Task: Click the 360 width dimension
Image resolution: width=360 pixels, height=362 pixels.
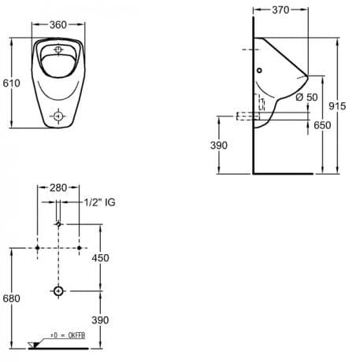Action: (x=58, y=25)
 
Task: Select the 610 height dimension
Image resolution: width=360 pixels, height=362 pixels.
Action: (x=11, y=83)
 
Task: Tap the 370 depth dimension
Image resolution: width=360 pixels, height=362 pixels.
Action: (x=280, y=10)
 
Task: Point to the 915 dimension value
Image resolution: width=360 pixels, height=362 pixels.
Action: (x=337, y=106)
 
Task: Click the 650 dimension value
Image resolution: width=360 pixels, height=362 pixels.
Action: (x=322, y=125)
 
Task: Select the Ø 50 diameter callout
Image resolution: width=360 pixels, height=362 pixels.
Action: (x=306, y=98)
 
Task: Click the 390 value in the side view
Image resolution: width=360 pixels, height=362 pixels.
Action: (x=219, y=146)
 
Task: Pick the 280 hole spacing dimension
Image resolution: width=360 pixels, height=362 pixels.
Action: (x=58, y=188)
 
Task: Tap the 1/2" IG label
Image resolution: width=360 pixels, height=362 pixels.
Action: (x=99, y=202)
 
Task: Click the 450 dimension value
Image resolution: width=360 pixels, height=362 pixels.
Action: (x=100, y=258)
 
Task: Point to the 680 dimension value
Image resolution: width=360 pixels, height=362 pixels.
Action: (x=11, y=298)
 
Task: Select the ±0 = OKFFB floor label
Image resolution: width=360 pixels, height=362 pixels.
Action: (x=68, y=335)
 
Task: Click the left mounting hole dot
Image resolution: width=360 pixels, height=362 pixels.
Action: (x=37, y=248)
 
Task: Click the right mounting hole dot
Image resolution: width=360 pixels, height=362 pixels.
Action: (x=80, y=248)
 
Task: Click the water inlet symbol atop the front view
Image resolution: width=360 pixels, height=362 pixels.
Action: (x=58, y=49)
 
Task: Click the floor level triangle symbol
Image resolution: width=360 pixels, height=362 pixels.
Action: (x=34, y=345)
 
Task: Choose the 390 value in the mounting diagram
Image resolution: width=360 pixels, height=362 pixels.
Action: (x=100, y=320)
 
